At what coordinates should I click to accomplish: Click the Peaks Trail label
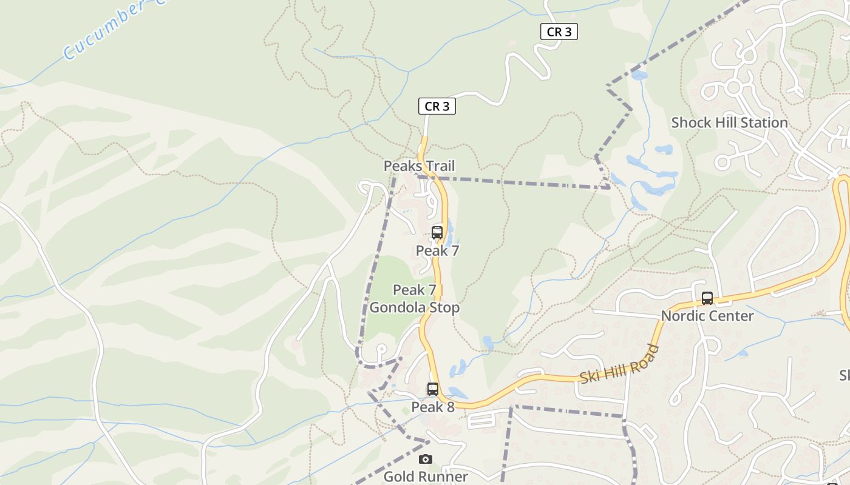coord(419,166)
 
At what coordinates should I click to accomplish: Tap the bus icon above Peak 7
coord(437,232)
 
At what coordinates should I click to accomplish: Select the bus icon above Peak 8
coord(432,389)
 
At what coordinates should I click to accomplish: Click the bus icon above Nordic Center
coord(707,298)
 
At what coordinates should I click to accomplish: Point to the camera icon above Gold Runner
coord(426,459)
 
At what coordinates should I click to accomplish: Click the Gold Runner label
coord(426,477)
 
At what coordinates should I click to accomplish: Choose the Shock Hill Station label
coord(729,122)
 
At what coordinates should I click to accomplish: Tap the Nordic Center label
coord(707,316)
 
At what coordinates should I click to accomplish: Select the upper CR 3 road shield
coord(559,32)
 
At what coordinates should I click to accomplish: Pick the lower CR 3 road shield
coord(437,107)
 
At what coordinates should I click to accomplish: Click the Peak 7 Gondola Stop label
coord(415,299)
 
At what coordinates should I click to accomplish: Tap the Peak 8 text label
coord(433,407)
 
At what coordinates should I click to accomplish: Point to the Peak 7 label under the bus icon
coord(437,250)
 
